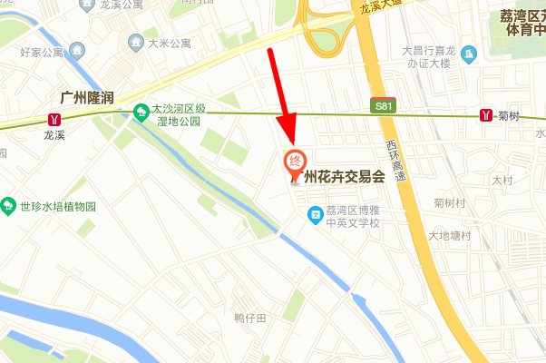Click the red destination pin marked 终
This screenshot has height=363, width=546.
pos(295,162)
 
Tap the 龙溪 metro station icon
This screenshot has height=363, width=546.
pos(56,118)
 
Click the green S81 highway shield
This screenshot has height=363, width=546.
pos(385,106)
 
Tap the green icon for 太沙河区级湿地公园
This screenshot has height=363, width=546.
pos(141,112)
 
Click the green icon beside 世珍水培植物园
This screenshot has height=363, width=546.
pos(9,205)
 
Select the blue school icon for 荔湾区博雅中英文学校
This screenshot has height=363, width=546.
pos(315,213)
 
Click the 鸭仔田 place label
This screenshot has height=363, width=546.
pos(249,318)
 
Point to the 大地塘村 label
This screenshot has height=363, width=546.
pos(450,236)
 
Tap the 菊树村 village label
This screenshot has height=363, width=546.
pos(451,201)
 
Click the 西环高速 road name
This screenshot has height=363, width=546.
pos(392,162)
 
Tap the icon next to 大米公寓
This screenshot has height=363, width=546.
pos(136,42)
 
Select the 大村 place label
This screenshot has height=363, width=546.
pos(502,181)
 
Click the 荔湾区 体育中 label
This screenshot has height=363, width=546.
pos(522,23)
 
